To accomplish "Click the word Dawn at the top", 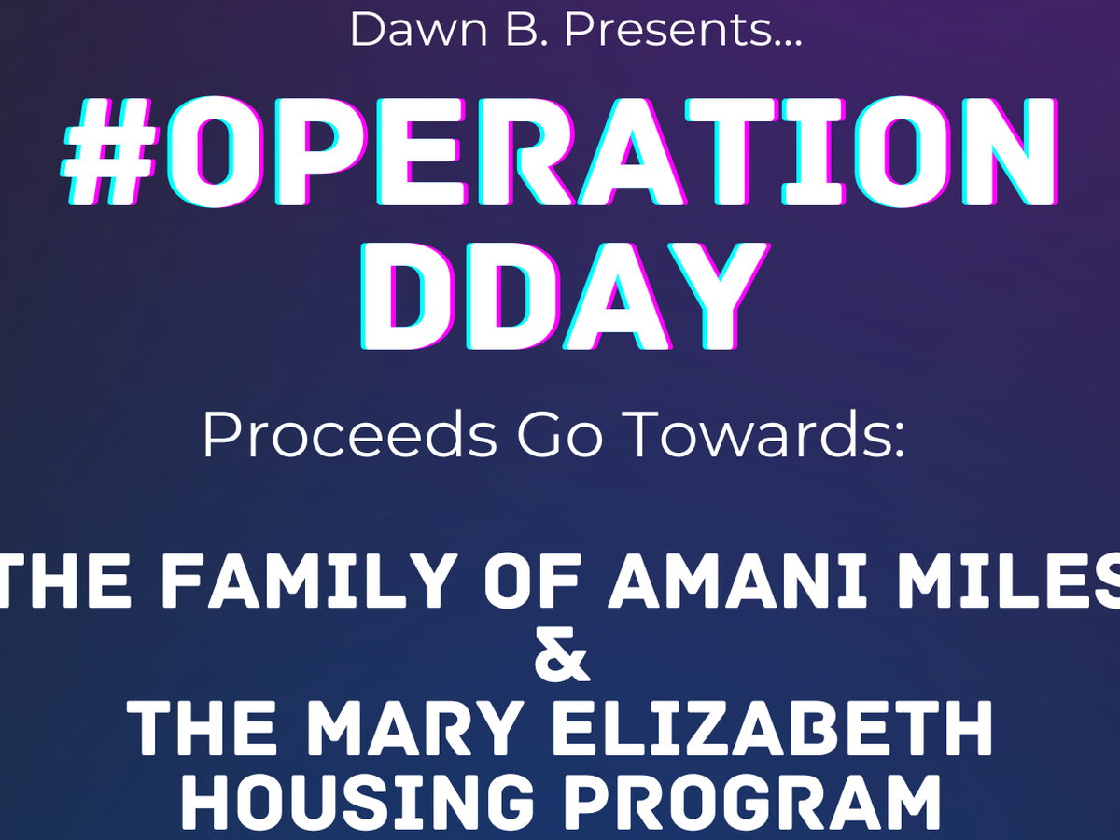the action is [418, 30].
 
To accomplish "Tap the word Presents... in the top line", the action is [682, 30].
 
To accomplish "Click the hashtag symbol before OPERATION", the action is [108, 151].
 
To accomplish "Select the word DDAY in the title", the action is [566, 296].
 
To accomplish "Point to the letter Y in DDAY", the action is [719, 296].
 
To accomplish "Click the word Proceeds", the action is [349, 435].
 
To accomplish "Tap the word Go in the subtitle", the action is [560, 435].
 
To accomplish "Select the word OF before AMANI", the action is [533, 581].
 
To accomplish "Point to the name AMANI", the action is [737, 581].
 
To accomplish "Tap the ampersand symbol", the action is [562, 654].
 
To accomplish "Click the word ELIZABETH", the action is [772, 727].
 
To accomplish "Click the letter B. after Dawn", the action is [525, 30].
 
